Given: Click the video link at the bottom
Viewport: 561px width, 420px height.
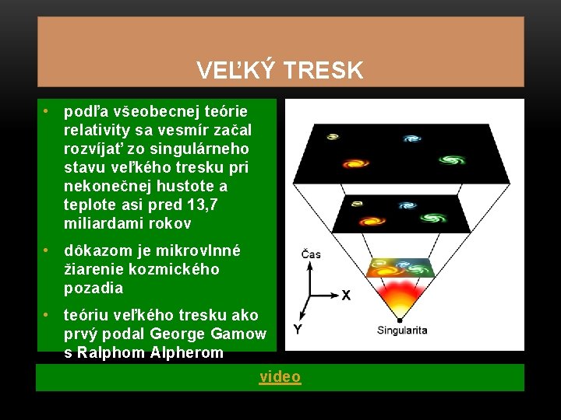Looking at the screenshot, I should click(280, 377).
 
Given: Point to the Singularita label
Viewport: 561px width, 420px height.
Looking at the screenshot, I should click(402, 331).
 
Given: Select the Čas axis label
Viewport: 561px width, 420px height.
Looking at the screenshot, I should click(310, 254).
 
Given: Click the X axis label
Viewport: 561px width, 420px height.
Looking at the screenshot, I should click(346, 296).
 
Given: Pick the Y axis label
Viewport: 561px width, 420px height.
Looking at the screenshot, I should click(297, 329).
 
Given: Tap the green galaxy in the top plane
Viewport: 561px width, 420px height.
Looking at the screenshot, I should click(450, 161).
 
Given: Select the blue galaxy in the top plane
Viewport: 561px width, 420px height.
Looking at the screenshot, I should click(412, 138).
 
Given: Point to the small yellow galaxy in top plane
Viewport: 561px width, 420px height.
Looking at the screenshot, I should click(333, 137).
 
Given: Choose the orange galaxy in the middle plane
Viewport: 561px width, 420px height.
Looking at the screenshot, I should click(383, 212).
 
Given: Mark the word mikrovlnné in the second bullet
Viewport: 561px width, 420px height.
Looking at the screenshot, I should click(199, 251).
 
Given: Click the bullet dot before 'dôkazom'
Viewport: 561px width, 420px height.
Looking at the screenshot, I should click(48, 251).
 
